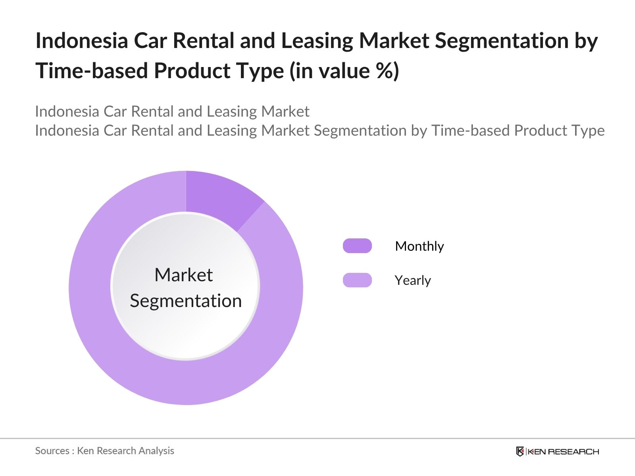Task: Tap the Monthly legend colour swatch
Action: coord(357,246)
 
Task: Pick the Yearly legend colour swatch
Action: coord(357,280)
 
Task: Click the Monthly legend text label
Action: coord(419,246)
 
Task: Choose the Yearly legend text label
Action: coord(413,280)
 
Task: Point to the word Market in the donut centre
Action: coord(183,275)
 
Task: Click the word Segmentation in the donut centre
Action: coord(186,301)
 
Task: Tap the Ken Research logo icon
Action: coord(520,451)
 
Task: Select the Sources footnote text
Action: coord(104,451)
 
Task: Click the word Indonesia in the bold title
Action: coord(81,40)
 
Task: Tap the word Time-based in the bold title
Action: coord(91,71)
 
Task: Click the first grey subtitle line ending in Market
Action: coord(172,111)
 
